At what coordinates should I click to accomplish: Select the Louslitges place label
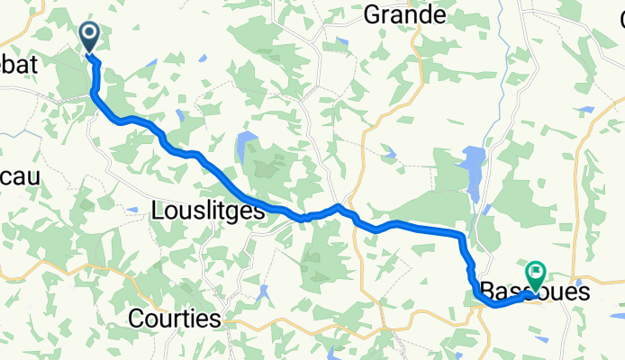click(x=208, y=210)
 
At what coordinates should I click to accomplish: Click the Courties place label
click(x=175, y=318)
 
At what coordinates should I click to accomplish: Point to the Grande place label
click(x=404, y=14)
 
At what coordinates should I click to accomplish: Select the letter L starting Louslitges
click(x=159, y=210)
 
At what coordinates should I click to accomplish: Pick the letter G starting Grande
click(x=371, y=14)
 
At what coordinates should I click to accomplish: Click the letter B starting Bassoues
click(x=487, y=292)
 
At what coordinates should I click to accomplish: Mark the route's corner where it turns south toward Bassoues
click(x=463, y=237)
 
